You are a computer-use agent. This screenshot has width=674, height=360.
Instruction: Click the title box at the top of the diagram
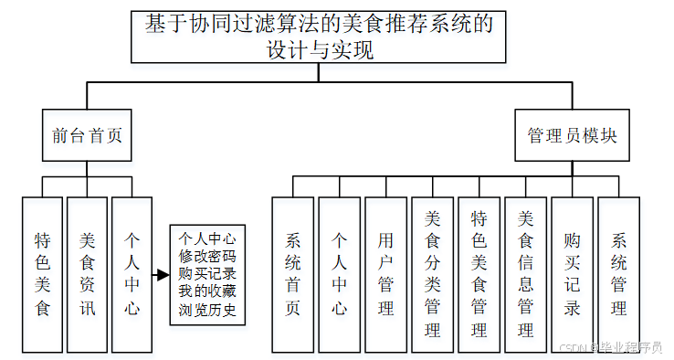319,37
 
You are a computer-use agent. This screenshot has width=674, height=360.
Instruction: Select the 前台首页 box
87,136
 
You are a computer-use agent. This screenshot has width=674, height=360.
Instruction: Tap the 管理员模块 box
573,136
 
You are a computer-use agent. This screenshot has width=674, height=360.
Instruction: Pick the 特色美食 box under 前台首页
42,274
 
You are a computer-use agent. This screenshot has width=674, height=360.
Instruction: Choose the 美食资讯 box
87,274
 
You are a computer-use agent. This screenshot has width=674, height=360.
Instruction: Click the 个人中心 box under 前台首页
132,274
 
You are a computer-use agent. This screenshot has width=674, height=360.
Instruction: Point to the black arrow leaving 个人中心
162,275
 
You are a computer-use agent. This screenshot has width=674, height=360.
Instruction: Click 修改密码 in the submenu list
207,257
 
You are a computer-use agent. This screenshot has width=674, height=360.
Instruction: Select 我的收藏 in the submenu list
207,292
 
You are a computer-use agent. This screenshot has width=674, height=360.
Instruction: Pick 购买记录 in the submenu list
207,274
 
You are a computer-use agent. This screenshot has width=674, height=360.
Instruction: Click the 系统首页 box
293,274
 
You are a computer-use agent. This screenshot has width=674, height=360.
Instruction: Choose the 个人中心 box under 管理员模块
339,274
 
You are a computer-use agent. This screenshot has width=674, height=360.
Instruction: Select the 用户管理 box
385,274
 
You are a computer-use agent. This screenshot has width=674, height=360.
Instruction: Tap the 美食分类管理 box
432,274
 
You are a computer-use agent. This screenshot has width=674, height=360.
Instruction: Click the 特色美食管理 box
479,274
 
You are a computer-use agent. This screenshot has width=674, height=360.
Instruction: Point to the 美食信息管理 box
525,274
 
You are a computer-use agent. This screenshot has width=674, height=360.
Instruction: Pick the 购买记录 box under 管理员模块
572,274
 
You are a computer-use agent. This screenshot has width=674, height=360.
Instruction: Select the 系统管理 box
618,274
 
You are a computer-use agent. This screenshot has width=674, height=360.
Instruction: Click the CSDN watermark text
609,348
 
